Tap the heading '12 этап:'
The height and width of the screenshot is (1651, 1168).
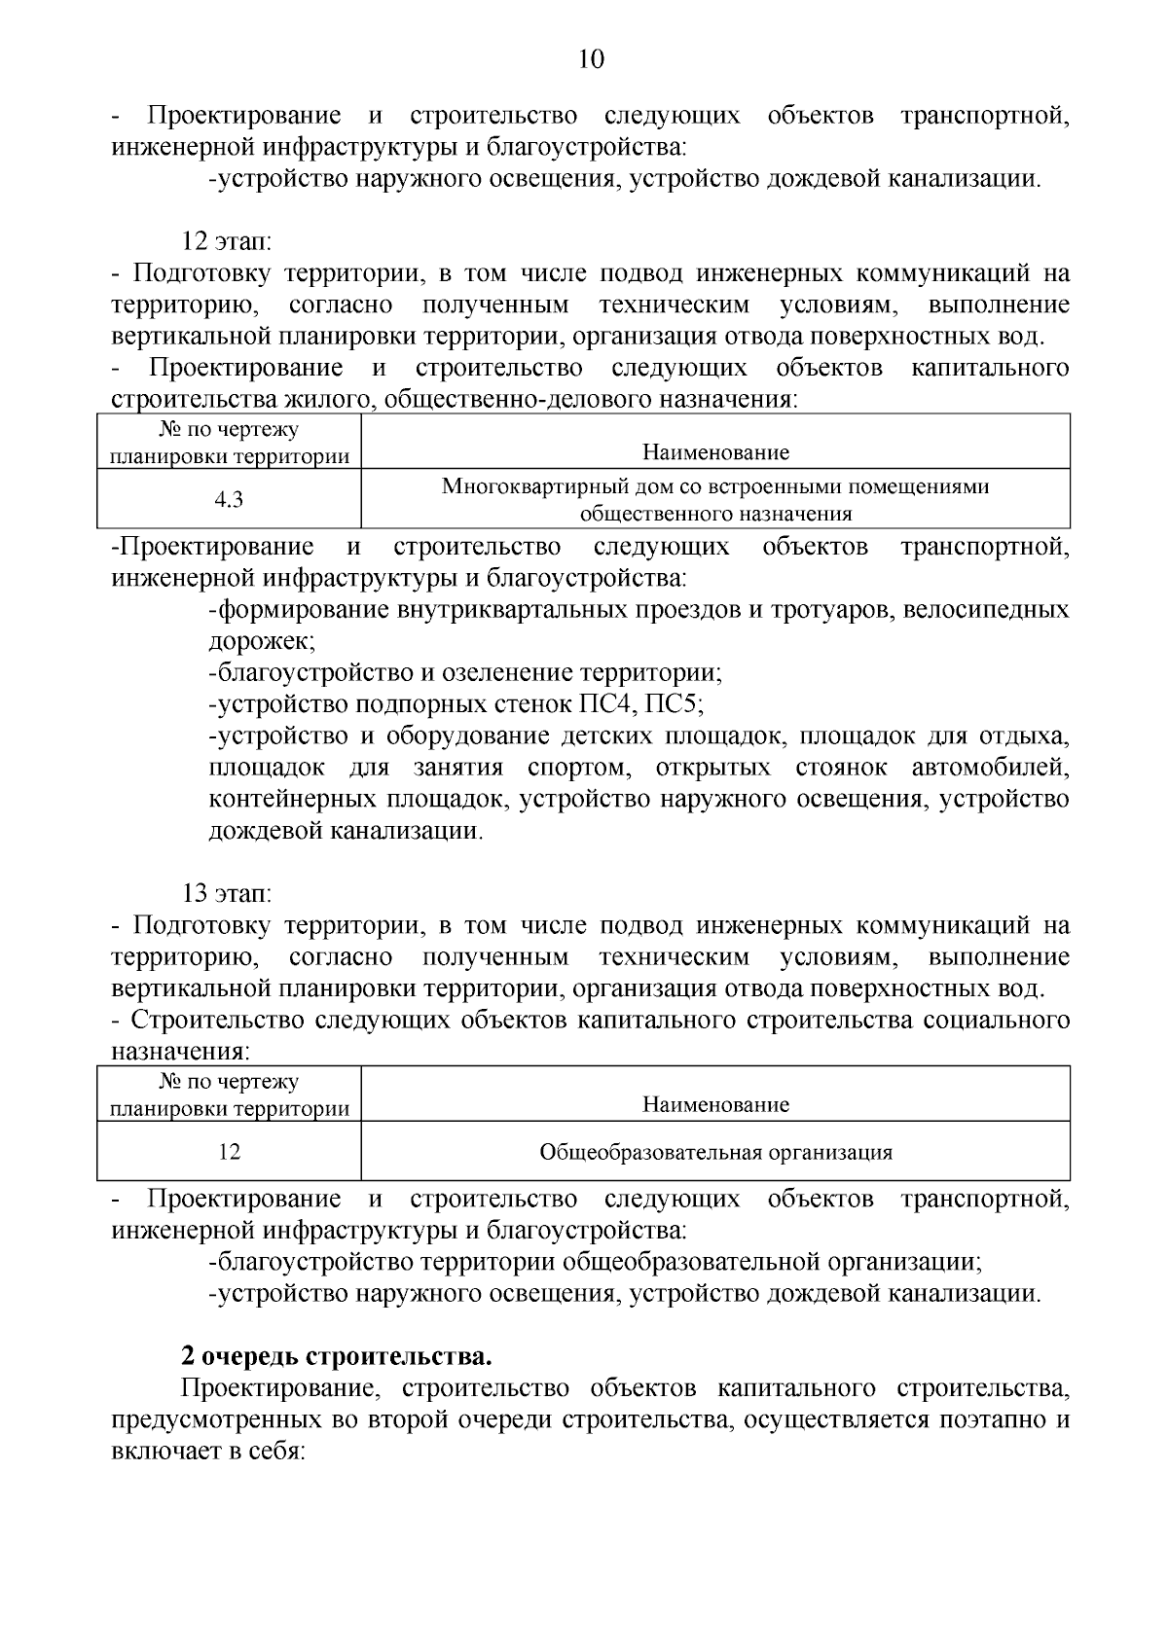(227, 240)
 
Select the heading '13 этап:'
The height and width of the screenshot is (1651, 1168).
(227, 892)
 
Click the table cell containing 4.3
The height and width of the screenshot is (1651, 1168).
(229, 500)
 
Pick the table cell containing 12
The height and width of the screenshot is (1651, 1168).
(229, 1153)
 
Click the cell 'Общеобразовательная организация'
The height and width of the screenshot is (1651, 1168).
(715, 1153)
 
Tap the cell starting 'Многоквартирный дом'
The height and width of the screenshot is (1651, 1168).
(715, 499)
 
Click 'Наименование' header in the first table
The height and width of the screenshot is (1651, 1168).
(715, 452)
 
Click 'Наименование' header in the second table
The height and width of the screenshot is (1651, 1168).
(715, 1104)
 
